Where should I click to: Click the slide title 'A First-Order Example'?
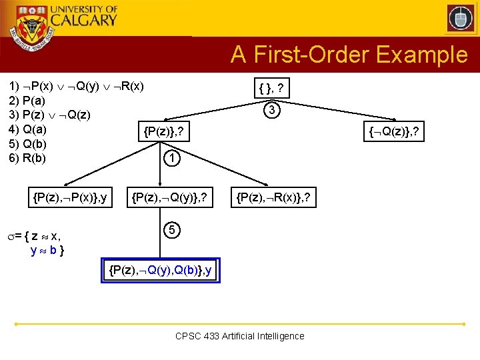point(349,55)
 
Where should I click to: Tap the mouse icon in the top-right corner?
point(460,18)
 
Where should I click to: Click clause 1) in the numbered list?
point(76,87)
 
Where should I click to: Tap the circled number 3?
point(271,110)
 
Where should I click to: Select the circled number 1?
point(172,159)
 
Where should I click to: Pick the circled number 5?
point(172,230)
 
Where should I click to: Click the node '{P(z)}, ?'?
point(163,133)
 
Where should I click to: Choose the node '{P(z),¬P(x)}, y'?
point(71,197)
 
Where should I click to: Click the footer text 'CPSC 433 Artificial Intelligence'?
point(239,336)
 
